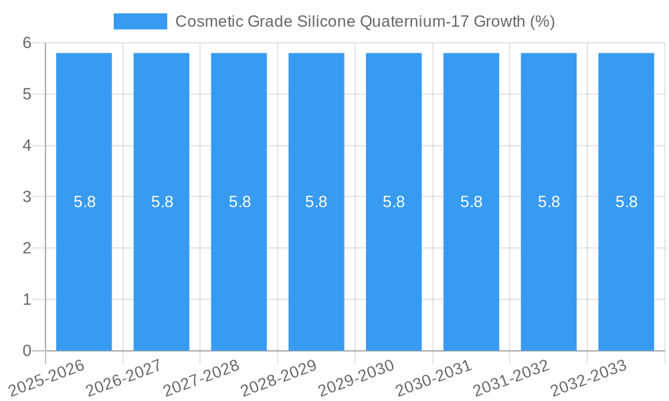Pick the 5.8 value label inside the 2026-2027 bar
(162, 202)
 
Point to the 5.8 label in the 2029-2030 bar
(394, 202)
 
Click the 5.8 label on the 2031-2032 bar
(549, 202)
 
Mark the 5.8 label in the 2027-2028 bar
(240, 202)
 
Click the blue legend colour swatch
(140, 21)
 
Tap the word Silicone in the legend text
(324, 21)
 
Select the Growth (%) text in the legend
(514, 21)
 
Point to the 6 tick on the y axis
(27, 43)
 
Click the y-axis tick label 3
(27, 197)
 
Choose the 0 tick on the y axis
(27, 351)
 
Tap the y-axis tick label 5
(27, 94)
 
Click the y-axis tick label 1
(27, 299)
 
